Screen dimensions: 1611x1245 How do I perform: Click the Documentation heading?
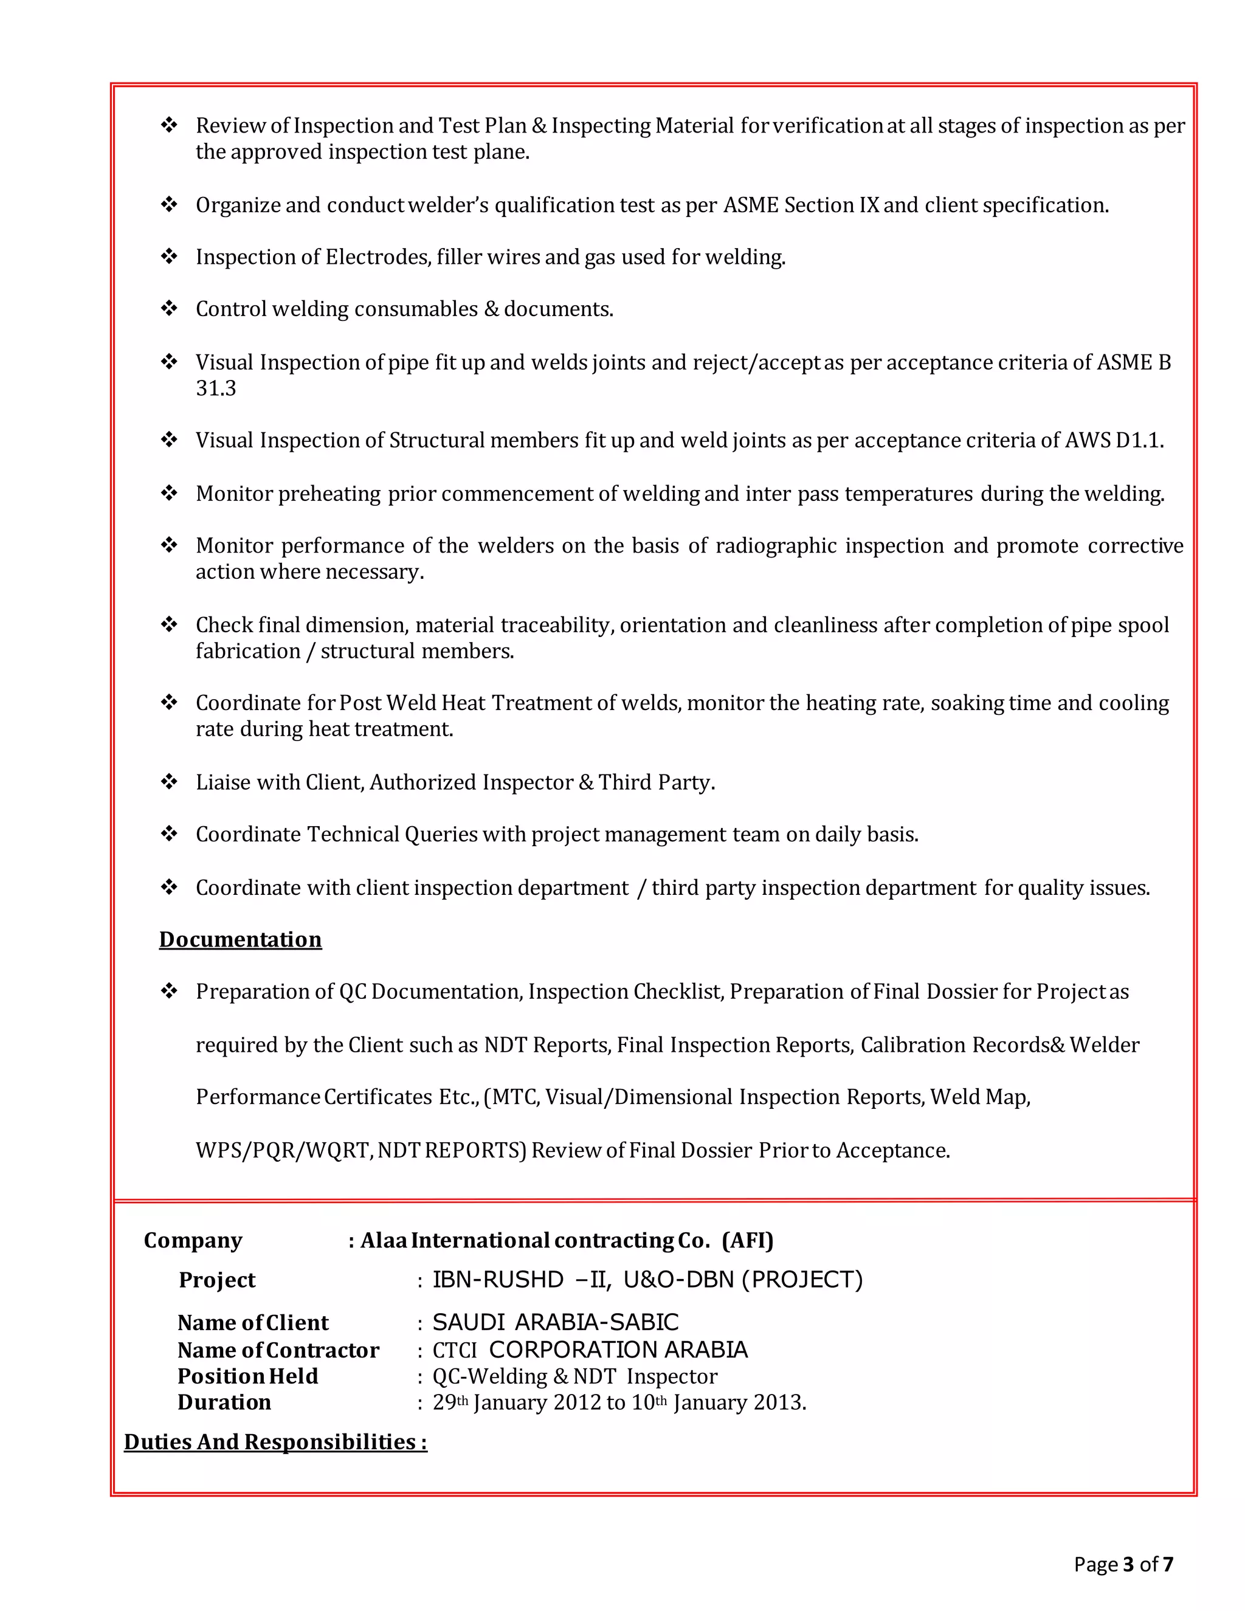(241, 939)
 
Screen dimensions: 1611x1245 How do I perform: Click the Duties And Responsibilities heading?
(275, 1441)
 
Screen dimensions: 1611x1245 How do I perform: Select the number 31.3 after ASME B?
(215, 388)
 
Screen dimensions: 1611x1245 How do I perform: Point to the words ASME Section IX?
(801, 205)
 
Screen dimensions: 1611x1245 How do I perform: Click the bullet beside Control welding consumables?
(170, 308)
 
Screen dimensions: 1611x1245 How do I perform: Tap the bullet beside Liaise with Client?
(170, 782)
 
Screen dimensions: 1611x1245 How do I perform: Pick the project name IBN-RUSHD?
(498, 1279)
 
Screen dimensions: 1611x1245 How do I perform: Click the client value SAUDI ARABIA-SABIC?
(554, 1322)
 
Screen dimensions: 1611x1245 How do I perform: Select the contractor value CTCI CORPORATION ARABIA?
(589, 1349)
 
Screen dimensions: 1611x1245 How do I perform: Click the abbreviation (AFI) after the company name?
(747, 1241)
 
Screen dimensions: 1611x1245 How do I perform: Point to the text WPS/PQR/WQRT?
(284, 1151)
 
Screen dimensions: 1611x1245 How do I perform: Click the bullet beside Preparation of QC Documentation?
(170, 992)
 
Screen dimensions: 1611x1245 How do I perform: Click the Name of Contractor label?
(278, 1349)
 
